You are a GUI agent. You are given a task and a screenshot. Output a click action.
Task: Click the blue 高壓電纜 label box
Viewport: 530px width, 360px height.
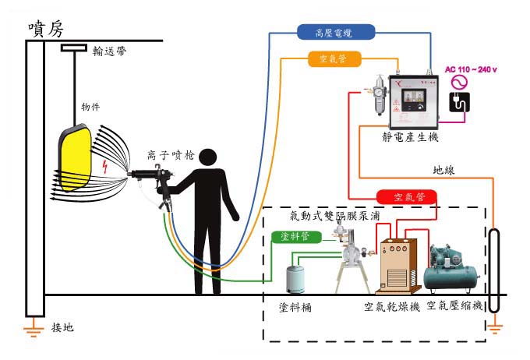click(335, 32)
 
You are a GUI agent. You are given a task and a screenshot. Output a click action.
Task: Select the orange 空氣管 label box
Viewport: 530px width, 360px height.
click(333, 58)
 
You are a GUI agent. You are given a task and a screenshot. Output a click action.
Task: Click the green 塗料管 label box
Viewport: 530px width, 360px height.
click(300, 237)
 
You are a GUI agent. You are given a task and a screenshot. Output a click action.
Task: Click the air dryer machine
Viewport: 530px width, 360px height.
click(398, 265)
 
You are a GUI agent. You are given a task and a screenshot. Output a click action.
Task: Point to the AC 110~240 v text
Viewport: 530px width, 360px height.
click(471, 69)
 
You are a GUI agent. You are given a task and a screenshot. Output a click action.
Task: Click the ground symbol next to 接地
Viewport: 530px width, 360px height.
click(32, 330)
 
